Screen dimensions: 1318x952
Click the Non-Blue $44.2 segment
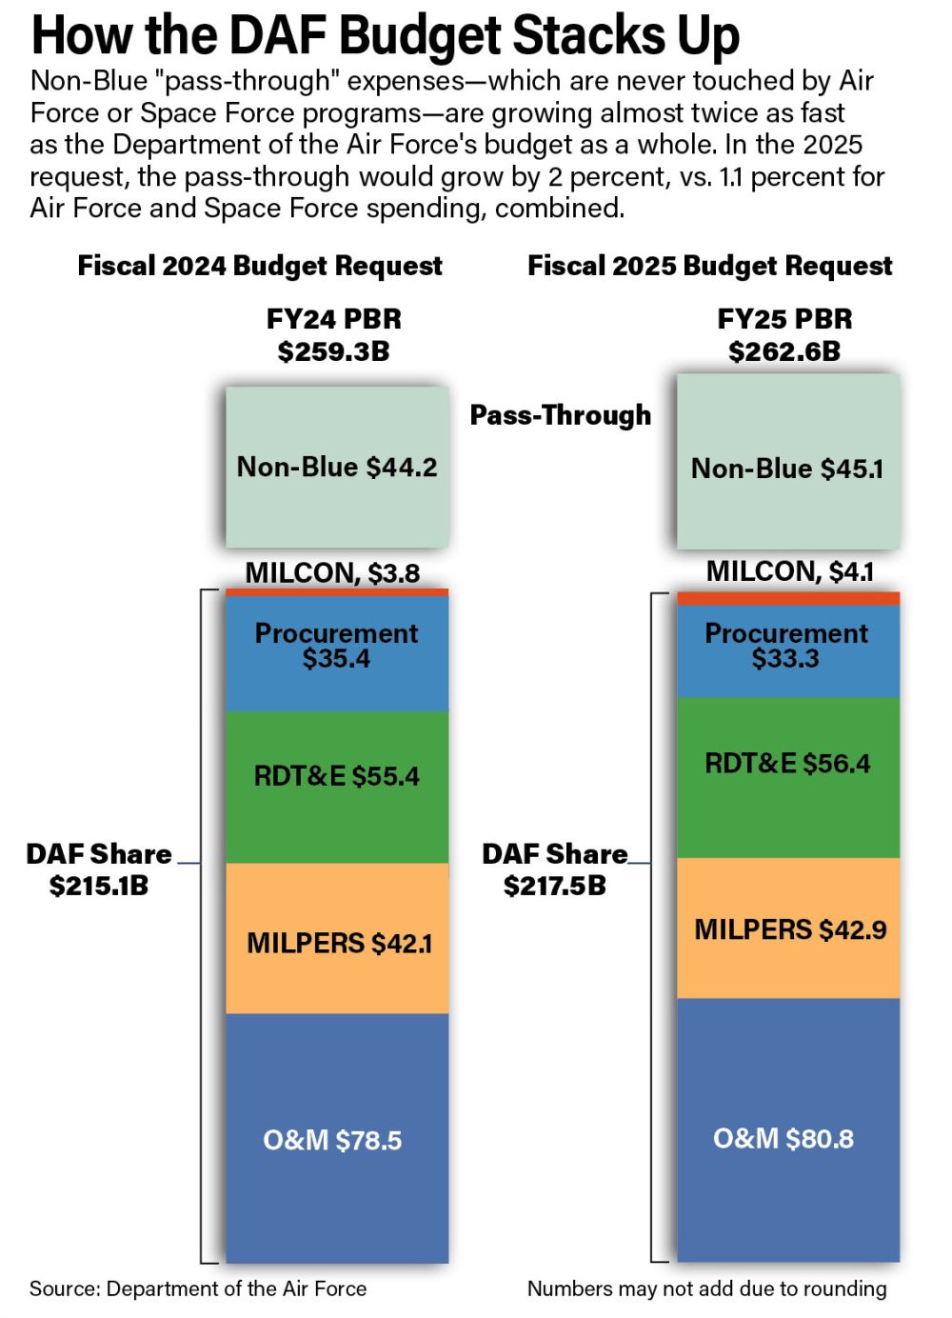pos(336,467)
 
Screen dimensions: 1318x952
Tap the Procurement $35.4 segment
pos(336,652)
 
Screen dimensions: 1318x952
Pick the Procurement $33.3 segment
pos(787,650)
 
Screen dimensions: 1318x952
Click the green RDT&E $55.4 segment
pos(336,786)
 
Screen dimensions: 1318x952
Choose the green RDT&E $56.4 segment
pos(787,776)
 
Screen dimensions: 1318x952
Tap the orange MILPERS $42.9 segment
pos(787,929)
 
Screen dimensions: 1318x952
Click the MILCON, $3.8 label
pos(332,572)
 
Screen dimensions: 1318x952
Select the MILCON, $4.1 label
pos(789,570)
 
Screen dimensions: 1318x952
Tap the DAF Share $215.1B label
pos(99,869)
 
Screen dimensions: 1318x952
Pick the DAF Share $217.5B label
pos(554,869)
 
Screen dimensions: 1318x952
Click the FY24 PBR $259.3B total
pos(333,334)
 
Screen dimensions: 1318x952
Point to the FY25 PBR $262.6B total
pos(784,334)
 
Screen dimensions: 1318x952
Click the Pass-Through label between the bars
pos(561,415)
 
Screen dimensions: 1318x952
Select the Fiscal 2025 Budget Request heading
pos(709,266)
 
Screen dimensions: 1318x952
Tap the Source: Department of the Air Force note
pos(198,1288)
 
